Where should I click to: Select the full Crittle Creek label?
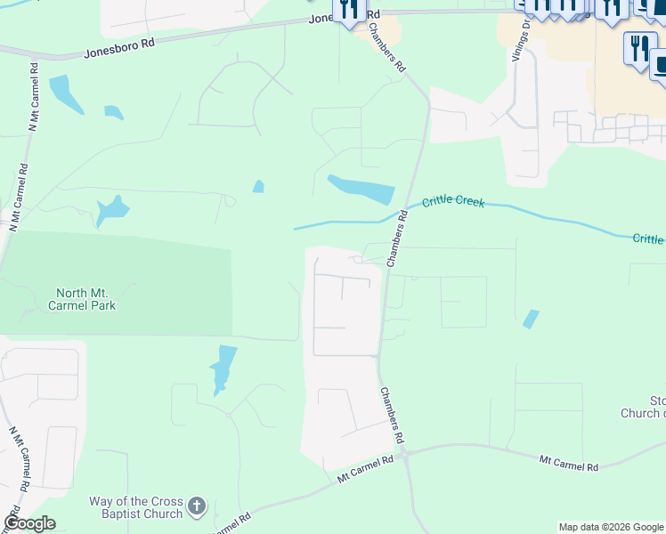tap(453, 202)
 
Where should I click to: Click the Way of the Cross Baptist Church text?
tap(135, 507)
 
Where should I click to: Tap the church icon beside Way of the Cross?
tap(197, 507)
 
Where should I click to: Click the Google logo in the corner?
tap(29, 523)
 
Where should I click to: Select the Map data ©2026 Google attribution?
tap(611, 527)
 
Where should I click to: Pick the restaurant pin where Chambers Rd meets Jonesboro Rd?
tap(350, 11)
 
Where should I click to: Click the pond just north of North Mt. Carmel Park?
tap(112, 210)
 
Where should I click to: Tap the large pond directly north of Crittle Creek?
tap(361, 189)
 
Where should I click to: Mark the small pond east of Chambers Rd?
tap(531, 319)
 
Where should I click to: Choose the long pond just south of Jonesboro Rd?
tap(65, 94)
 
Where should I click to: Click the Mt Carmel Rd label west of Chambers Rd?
tap(365, 469)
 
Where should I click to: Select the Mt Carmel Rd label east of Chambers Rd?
tap(569, 464)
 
